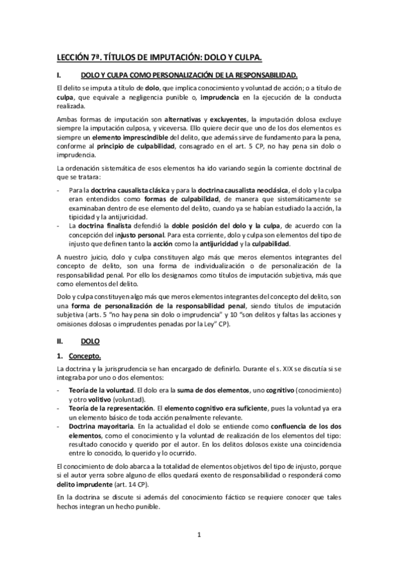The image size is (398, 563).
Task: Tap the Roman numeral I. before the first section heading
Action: click(59, 76)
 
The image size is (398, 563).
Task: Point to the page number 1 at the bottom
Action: click(199, 533)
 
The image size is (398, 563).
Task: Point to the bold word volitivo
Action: click(99, 402)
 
